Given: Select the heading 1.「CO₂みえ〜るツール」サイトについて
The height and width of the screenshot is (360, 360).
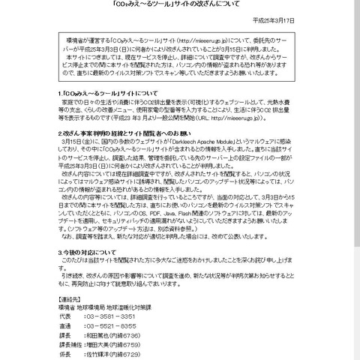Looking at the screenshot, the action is (x=98, y=112).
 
